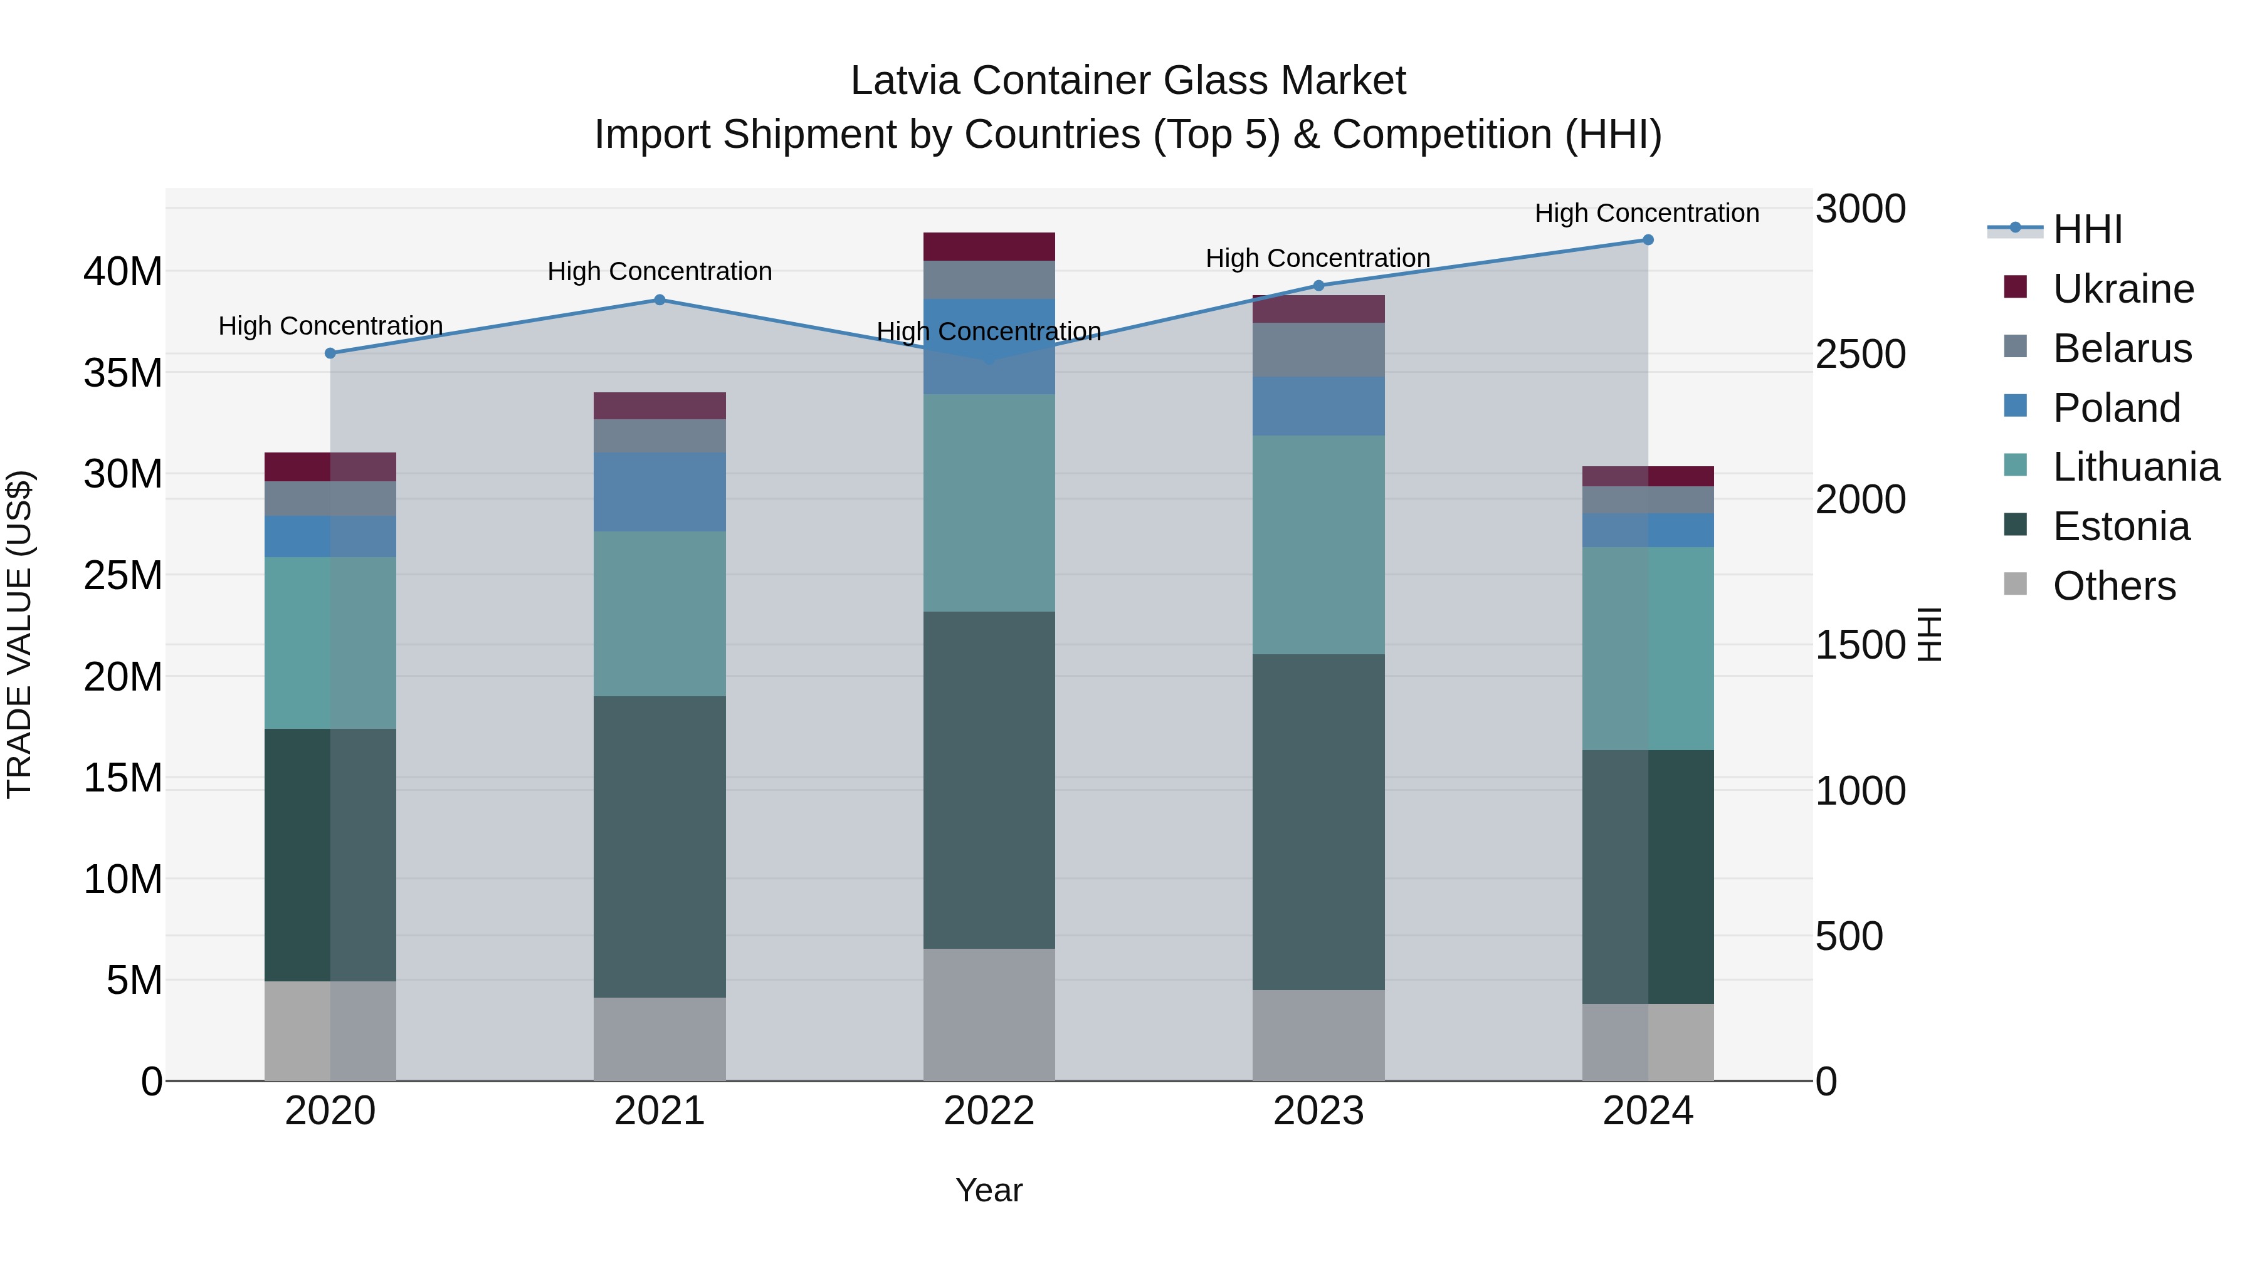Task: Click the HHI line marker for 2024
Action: pos(1647,240)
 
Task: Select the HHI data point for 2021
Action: pos(660,300)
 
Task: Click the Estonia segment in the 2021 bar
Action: pos(660,847)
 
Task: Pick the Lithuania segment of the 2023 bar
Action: pos(1318,545)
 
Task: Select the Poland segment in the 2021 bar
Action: pos(660,492)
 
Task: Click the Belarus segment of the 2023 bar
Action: pos(1318,350)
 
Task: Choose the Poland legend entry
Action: pos(2115,408)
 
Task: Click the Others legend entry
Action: pos(2113,586)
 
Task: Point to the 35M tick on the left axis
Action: pos(123,373)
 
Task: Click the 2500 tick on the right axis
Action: pos(1860,355)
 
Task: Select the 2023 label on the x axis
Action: pos(1318,1111)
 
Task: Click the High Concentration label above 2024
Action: pos(1646,213)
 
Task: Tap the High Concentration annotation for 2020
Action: pos(330,326)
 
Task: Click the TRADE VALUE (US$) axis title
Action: pos(19,634)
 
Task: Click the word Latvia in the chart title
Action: pos(906,81)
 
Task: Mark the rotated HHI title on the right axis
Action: pos(1930,634)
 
